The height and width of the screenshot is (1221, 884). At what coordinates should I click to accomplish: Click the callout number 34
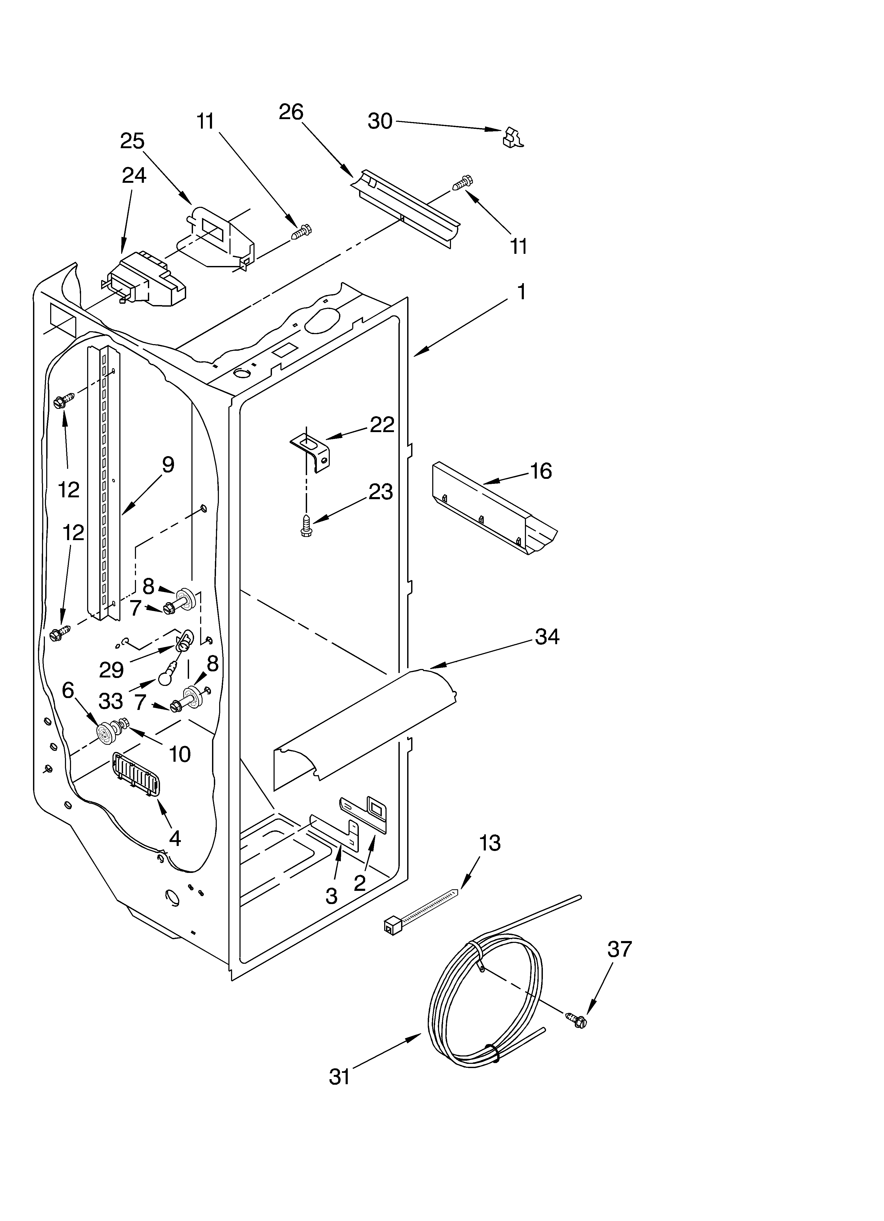[x=547, y=637]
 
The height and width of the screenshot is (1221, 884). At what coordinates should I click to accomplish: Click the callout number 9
[x=168, y=465]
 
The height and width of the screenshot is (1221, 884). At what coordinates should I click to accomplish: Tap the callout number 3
[x=332, y=896]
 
